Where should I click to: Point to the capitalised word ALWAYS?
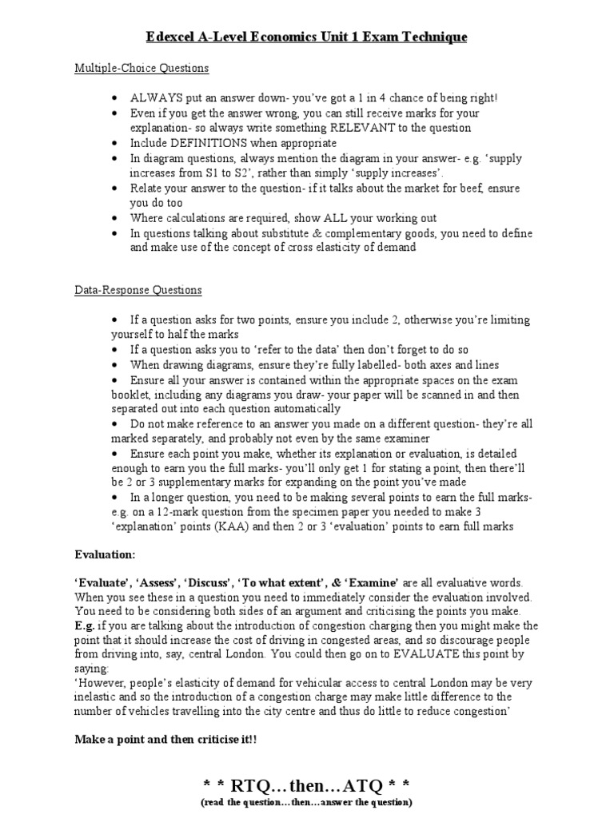[157, 98]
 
